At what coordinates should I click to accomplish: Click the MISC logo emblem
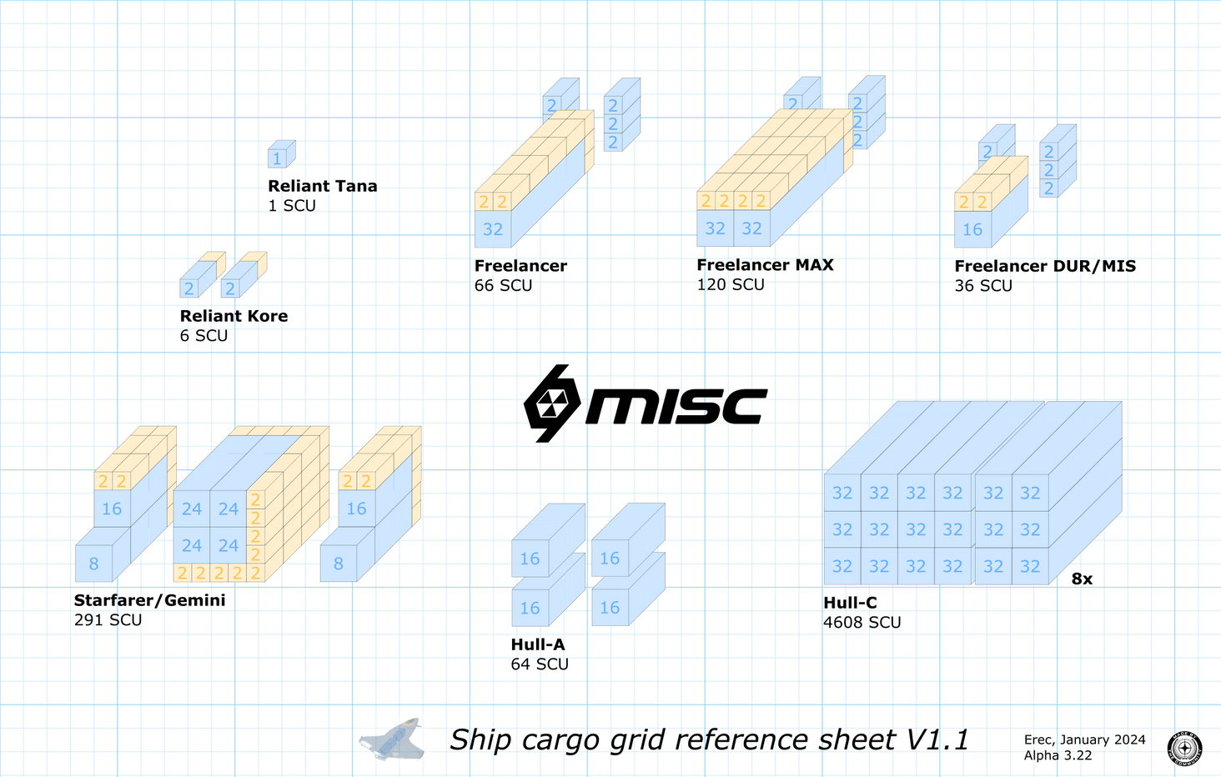tap(551, 404)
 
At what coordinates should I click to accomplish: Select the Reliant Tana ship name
tap(322, 186)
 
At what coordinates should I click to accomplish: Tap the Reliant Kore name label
tap(234, 316)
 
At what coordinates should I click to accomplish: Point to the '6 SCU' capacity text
tap(203, 336)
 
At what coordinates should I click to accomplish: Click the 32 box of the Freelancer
tap(493, 229)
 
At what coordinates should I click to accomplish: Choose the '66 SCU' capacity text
tap(503, 285)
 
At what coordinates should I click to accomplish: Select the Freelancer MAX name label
tap(765, 265)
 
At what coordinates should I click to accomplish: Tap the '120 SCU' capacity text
tap(731, 284)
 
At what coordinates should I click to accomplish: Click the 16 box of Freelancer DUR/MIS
tap(972, 229)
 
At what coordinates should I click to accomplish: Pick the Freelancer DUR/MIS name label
tap(1045, 266)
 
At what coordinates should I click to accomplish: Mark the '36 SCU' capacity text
tap(983, 286)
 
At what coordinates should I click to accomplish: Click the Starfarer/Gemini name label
tap(149, 600)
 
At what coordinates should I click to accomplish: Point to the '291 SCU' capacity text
tap(108, 620)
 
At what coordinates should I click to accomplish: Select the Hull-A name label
tap(538, 644)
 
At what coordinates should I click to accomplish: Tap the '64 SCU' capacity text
tap(540, 664)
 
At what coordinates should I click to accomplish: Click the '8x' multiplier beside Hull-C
tap(1082, 579)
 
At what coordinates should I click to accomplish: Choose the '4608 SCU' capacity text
tap(862, 623)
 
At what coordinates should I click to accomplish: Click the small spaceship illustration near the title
tap(392, 739)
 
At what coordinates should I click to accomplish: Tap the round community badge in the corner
tap(1184, 748)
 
